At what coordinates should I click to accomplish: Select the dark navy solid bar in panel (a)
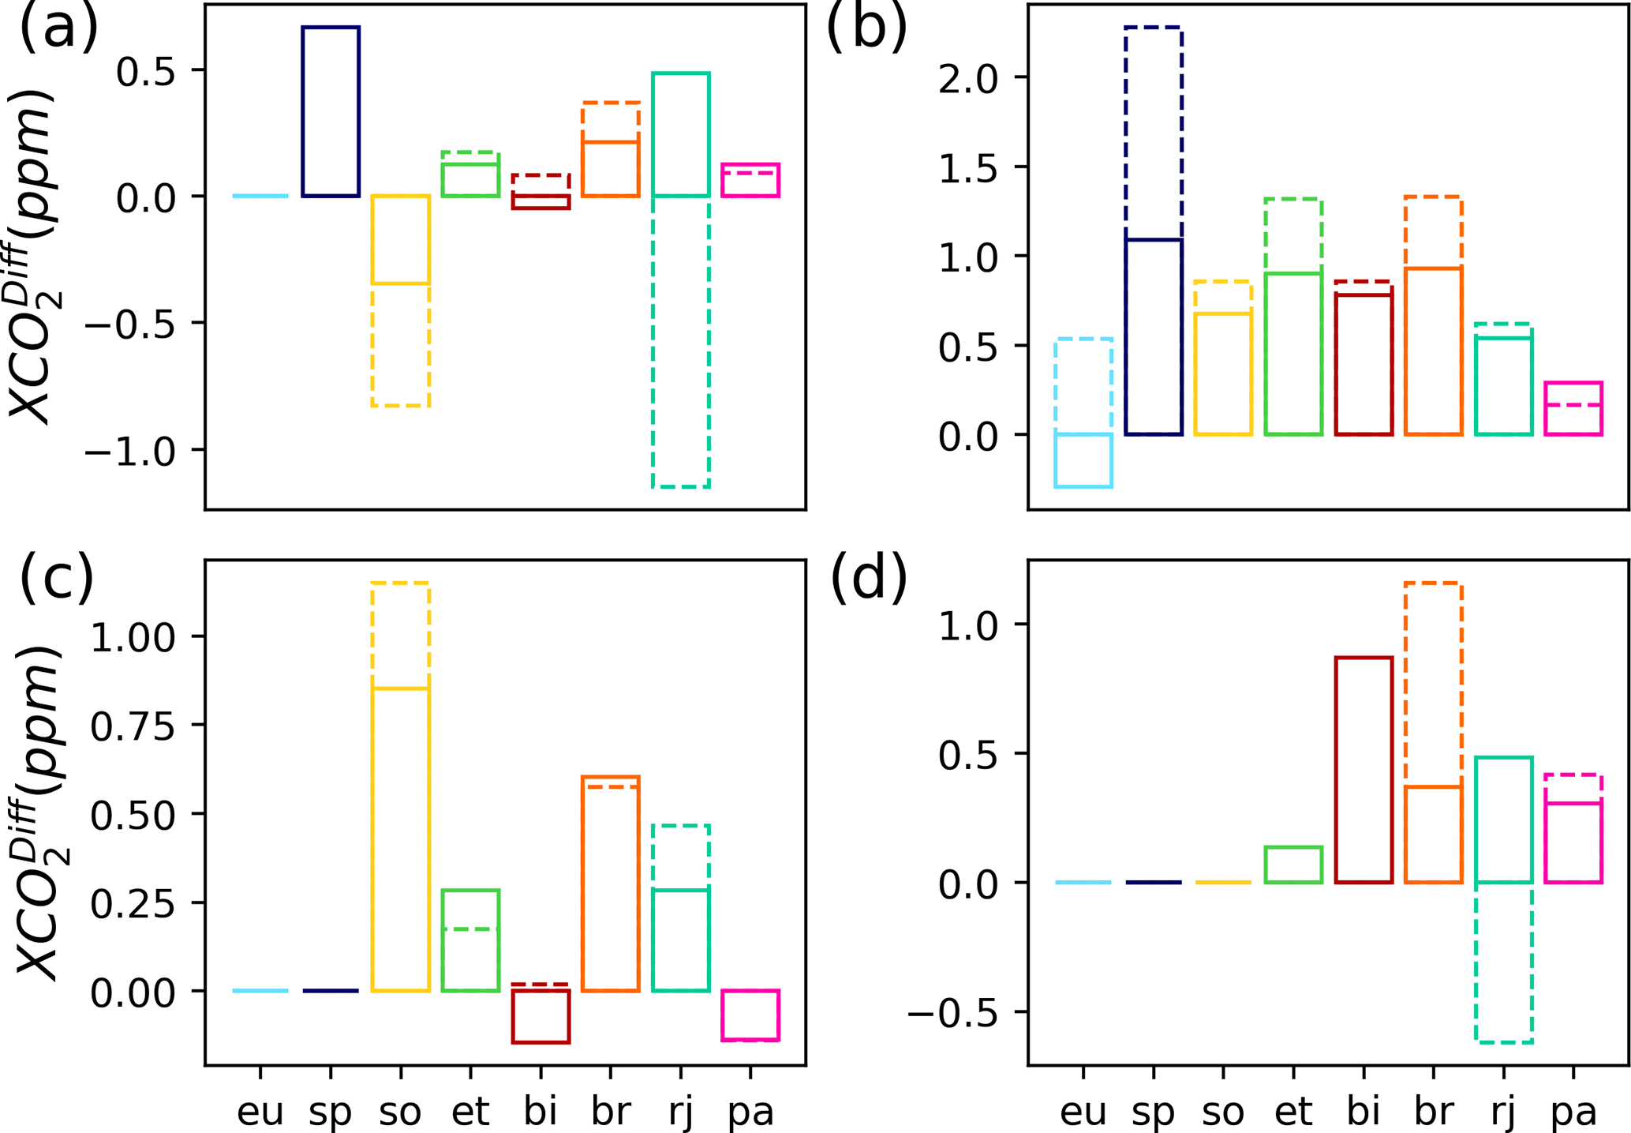tap(331, 111)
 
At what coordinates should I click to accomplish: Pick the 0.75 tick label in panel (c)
tap(133, 726)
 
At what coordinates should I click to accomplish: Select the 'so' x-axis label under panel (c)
tap(400, 1112)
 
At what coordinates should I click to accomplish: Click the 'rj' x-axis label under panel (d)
tap(1502, 1112)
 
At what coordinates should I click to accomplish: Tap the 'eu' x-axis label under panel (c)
tap(260, 1112)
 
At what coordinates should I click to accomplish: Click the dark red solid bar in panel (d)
tap(1364, 770)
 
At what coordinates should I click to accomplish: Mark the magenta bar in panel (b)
tap(1573, 408)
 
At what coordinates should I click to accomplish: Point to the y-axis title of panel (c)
tap(39, 813)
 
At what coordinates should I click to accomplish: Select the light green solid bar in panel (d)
tap(1293, 865)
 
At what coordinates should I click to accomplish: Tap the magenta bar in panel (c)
tap(750, 1015)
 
